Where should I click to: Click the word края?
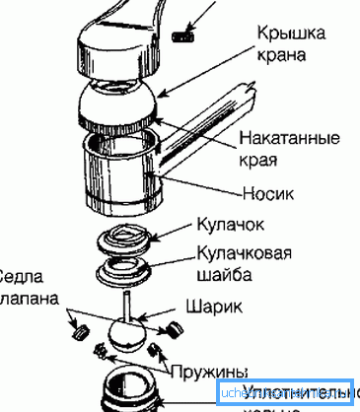pos(270,159)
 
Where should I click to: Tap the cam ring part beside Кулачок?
pos(127,240)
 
